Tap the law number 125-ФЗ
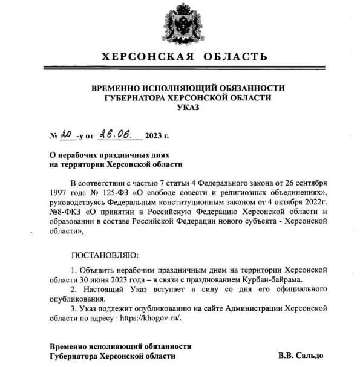pyautogui.click(x=121, y=192)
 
